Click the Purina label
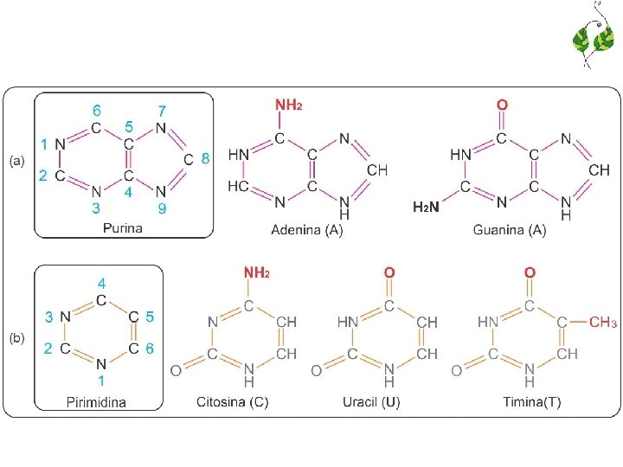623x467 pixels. pyautogui.click(x=122, y=228)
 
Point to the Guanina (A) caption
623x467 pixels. pyautogui.click(x=510, y=229)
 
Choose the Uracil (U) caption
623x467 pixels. pyautogui.click(x=369, y=402)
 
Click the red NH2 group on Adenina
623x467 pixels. pyautogui.click(x=289, y=106)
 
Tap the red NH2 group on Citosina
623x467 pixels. pyautogui.click(x=256, y=273)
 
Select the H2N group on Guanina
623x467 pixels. pyautogui.click(x=426, y=208)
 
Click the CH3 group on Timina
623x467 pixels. pyautogui.click(x=603, y=323)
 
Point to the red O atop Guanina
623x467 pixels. pyautogui.click(x=503, y=106)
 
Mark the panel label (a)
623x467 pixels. pyautogui.click(x=18, y=161)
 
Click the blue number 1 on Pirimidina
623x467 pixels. pyautogui.click(x=101, y=380)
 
